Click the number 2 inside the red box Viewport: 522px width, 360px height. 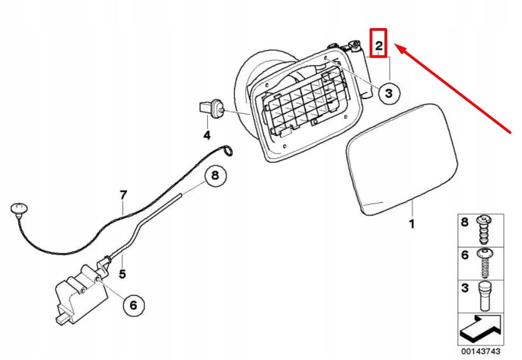coord(379,46)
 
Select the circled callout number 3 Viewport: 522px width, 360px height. coord(389,93)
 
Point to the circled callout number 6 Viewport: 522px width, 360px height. coord(133,305)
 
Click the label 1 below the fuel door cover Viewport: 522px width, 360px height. coord(411,224)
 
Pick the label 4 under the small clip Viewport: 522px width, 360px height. coord(207,135)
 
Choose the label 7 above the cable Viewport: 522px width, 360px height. coord(123,195)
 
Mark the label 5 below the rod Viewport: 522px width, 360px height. coord(122,275)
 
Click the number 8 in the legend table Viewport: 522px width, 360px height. coord(465,222)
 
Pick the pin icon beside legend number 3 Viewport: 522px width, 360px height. coord(484,296)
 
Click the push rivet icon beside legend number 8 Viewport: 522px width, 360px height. coord(484,227)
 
